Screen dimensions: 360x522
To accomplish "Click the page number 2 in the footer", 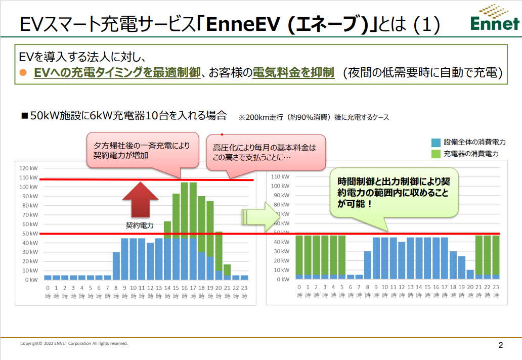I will point(500,346).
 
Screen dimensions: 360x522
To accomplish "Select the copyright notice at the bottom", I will point(74,343).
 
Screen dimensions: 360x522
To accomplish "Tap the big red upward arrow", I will point(140,200).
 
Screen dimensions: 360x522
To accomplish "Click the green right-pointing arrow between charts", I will point(258,215).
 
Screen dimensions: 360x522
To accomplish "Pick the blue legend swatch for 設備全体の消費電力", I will point(436,142).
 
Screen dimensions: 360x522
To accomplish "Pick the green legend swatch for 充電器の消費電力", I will point(436,153).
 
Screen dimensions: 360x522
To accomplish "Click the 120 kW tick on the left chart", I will point(28,168).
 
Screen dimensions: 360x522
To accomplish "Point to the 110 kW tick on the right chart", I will point(280,177).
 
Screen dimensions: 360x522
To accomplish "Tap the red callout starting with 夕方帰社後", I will point(142,150).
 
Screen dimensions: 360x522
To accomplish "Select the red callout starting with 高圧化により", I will point(265,152).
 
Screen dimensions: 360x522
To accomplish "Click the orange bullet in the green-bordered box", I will point(22,73).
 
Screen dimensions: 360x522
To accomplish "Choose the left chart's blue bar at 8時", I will point(116,265).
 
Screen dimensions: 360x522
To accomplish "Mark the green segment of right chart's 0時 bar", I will point(299,255).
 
